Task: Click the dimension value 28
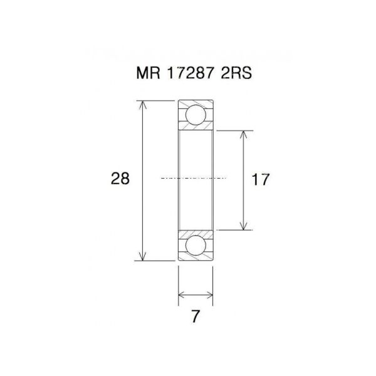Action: [x=120, y=179]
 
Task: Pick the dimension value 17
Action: [x=260, y=180]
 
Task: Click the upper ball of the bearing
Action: [x=196, y=115]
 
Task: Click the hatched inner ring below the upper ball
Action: [x=196, y=127]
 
